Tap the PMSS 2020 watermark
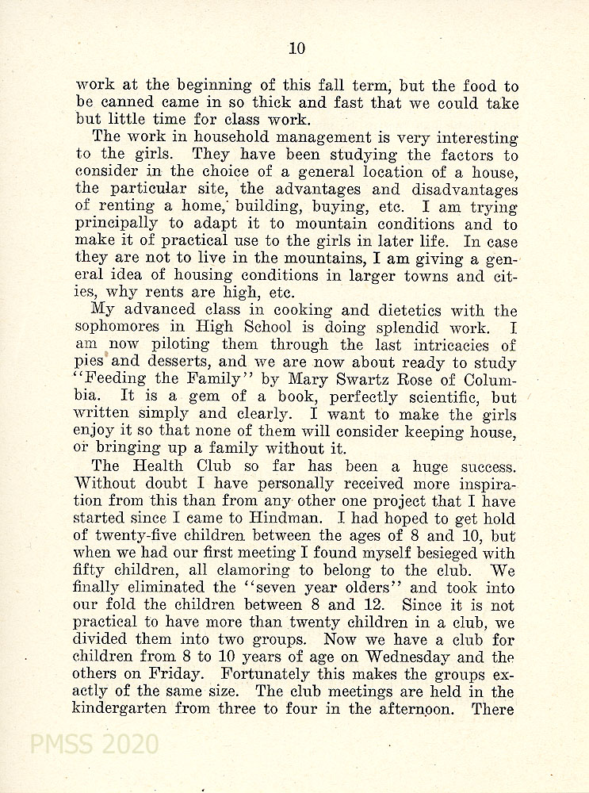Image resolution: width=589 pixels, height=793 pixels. [x=94, y=745]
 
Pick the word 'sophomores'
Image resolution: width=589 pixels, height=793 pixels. [x=122, y=328]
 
